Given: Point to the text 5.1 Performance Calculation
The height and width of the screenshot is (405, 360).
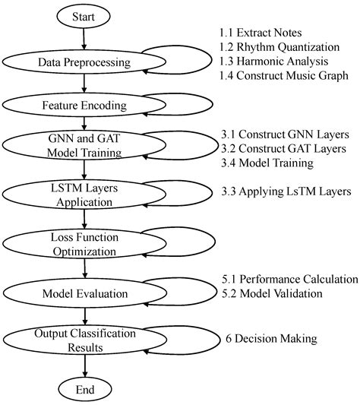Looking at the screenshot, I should [x=289, y=278].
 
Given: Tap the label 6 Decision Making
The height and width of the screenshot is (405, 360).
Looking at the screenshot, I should [x=271, y=338].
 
